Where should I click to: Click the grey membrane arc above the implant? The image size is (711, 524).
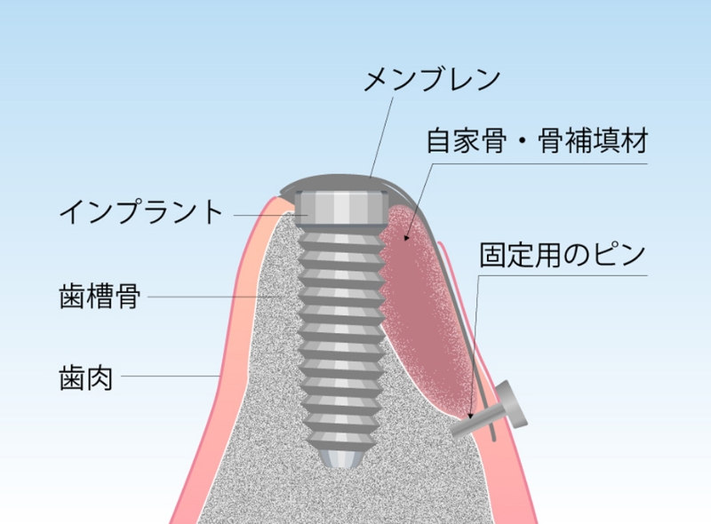[338, 181]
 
